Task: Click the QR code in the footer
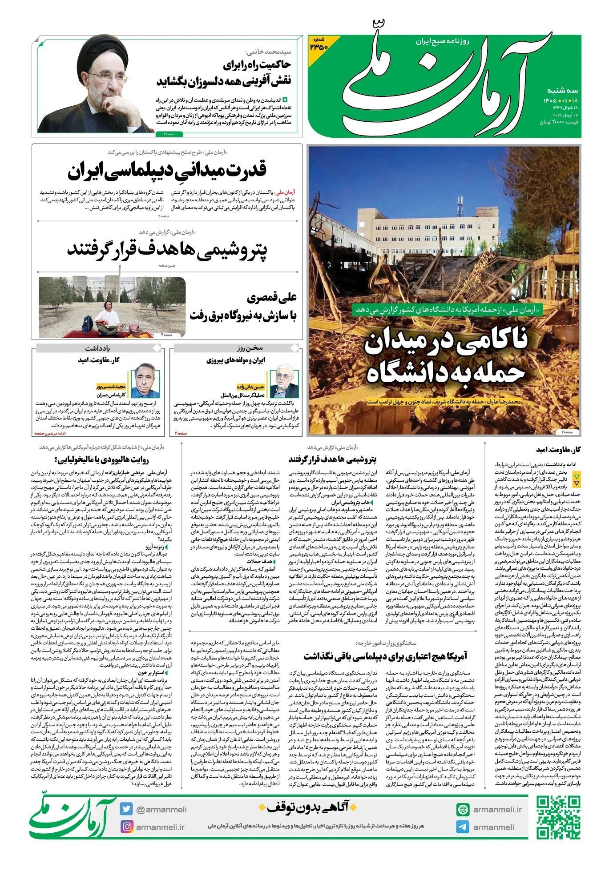tap(558, 818)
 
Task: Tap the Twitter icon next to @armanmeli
tap(126, 809)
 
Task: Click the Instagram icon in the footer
tap(127, 827)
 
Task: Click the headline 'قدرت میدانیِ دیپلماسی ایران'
tap(167, 170)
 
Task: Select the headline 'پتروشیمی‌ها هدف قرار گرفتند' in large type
tap(167, 249)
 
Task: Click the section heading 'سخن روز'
tap(250, 348)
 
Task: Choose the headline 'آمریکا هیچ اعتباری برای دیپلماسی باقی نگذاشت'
tap(385, 656)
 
